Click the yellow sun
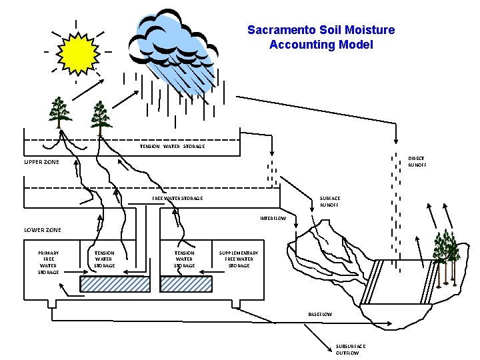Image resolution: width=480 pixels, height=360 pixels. pos(79,53)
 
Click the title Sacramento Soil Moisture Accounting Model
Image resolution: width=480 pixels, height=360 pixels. pos(321,37)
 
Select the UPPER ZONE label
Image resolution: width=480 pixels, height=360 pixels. pos(41,162)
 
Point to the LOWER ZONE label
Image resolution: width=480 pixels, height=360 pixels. pos(43,230)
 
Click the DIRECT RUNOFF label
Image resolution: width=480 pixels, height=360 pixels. pos(417,161)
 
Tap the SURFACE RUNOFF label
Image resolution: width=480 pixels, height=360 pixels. pos(329,201)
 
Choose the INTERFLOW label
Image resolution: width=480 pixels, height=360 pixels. pos(273,219)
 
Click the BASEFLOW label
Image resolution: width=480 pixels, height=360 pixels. pos(320,313)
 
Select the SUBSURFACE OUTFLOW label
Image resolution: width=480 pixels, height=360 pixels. pos(350,349)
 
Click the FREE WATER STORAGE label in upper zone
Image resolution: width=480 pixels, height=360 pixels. pos(177,198)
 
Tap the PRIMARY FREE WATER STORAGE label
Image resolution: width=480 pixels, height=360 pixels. pos(48,262)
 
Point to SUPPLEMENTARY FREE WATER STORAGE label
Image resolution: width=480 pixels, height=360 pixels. pos(239,259)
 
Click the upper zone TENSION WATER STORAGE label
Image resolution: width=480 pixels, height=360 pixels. pos(172,146)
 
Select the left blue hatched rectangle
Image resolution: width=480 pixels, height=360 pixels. pos(115,284)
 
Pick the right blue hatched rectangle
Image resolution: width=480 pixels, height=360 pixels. pos(186,284)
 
